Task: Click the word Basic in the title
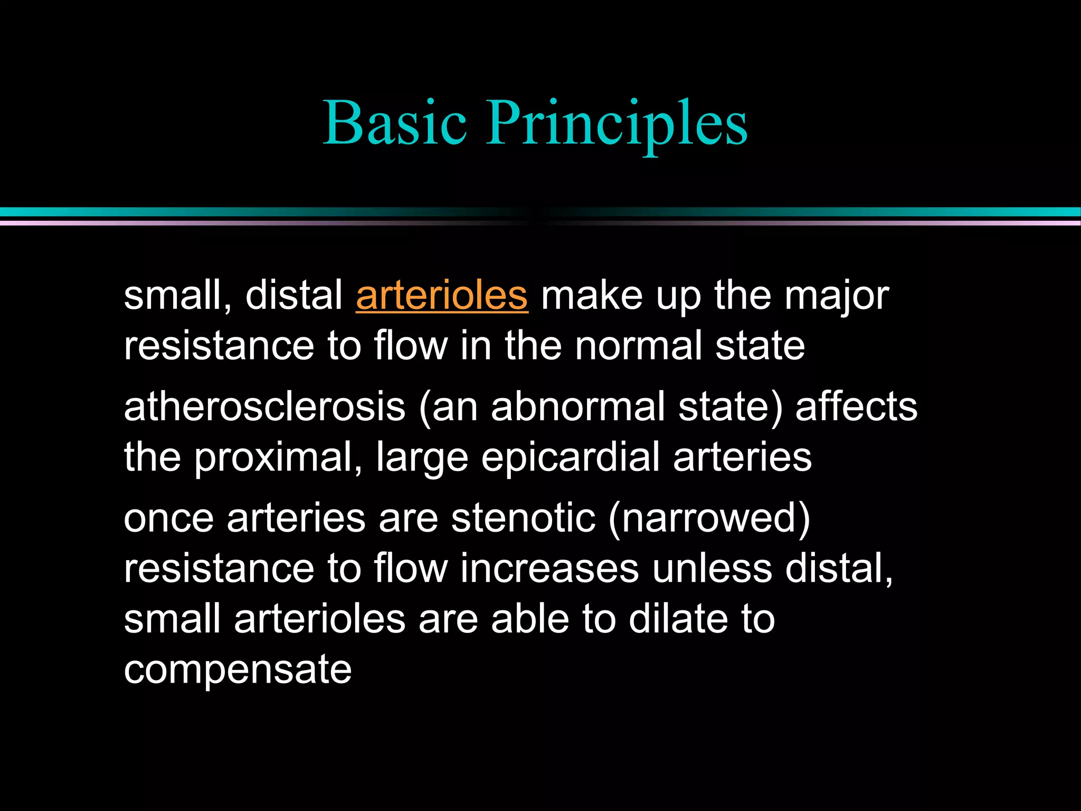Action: pyautogui.click(x=395, y=122)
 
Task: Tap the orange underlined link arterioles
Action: pyautogui.click(x=442, y=296)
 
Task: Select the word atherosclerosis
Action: pyautogui.click(x=264, y=407)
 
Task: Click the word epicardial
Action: pyautogui.click(x=570, y=457)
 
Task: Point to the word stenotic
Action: pyautogui.click(x=523, y=518)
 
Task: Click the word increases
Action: pyautogui.click(x=549, y=569)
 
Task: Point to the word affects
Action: pyautogui.click(x=856, y=407)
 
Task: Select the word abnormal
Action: pyautogui.click(x=577, y=407)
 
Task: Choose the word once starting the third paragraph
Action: pyautogui.click(x=168, y=518)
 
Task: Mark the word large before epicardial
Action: pyautogui.click(x=422, y=458)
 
